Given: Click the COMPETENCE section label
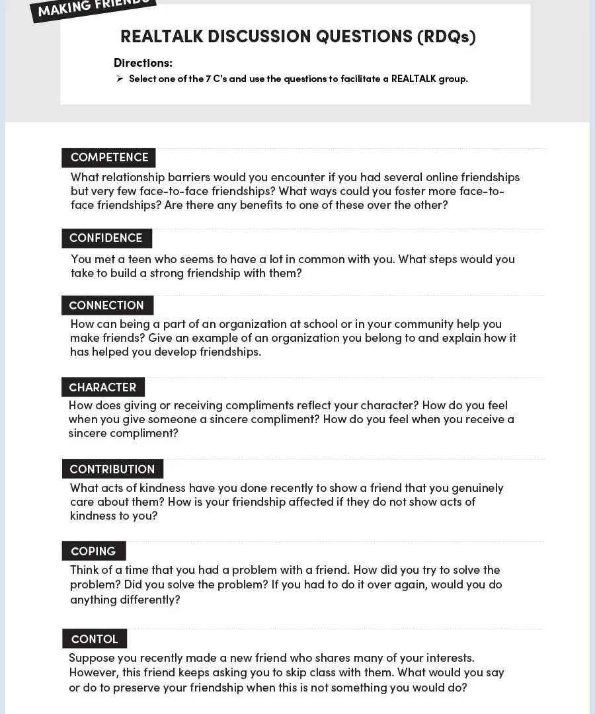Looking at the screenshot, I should tap(109, 157).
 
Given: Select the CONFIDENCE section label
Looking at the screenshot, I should tap(106, 238).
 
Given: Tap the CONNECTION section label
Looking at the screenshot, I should tap(106, 305).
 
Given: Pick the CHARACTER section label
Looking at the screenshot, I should tap(102, 387).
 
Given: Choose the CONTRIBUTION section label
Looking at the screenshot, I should tap(112, 469).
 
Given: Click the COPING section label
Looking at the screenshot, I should tap(93, 551).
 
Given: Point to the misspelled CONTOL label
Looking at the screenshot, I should tap(95, 639).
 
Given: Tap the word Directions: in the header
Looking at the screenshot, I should tap(143, 63).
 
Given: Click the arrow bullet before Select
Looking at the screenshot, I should tap(120, 79).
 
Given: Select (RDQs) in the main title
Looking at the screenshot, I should tap(446, 36).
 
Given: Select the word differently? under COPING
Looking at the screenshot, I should tap(150, 600).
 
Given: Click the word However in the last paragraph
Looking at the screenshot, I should tap(93, 672).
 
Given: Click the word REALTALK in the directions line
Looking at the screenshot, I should tap(413, 79).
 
